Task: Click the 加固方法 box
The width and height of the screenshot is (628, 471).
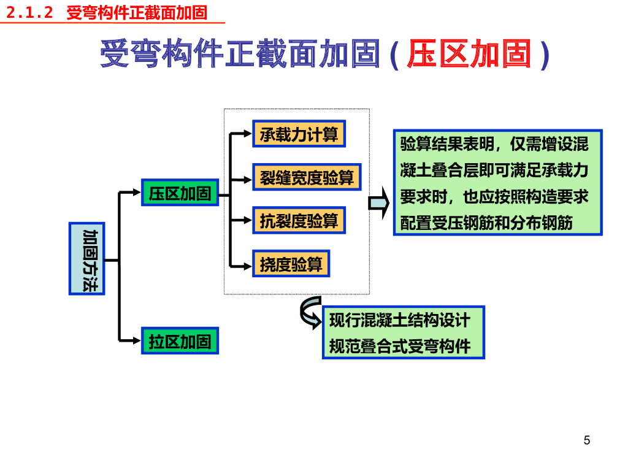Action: (x=87, y=258)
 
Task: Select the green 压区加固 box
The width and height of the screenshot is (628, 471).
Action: (x=180, y=193)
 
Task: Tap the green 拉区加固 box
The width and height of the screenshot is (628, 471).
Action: (x=180, y=341)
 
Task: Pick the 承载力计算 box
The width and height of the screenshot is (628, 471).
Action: (x=299, y=134)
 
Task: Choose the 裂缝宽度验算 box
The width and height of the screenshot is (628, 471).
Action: (x=307, y=177)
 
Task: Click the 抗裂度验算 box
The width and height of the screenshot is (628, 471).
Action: (x=299, y=220)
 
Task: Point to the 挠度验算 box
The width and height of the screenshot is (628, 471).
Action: (x=291, y=264)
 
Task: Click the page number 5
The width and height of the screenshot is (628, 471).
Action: (x=587, y=440)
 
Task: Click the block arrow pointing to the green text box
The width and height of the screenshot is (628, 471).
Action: (x=379, y=203)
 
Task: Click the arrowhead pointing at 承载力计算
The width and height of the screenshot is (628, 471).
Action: (x=248, y=132)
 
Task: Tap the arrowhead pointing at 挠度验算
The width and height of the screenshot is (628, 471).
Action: (x=248, y=265)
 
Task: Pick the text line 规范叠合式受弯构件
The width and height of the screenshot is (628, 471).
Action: (x=400, y=347)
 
